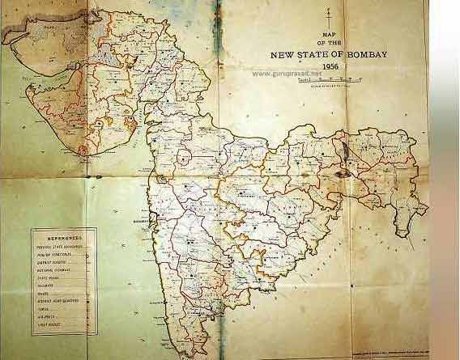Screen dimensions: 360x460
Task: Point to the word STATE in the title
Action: (x=323, y=55)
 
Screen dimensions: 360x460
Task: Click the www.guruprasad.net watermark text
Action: (x=287, y=73)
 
